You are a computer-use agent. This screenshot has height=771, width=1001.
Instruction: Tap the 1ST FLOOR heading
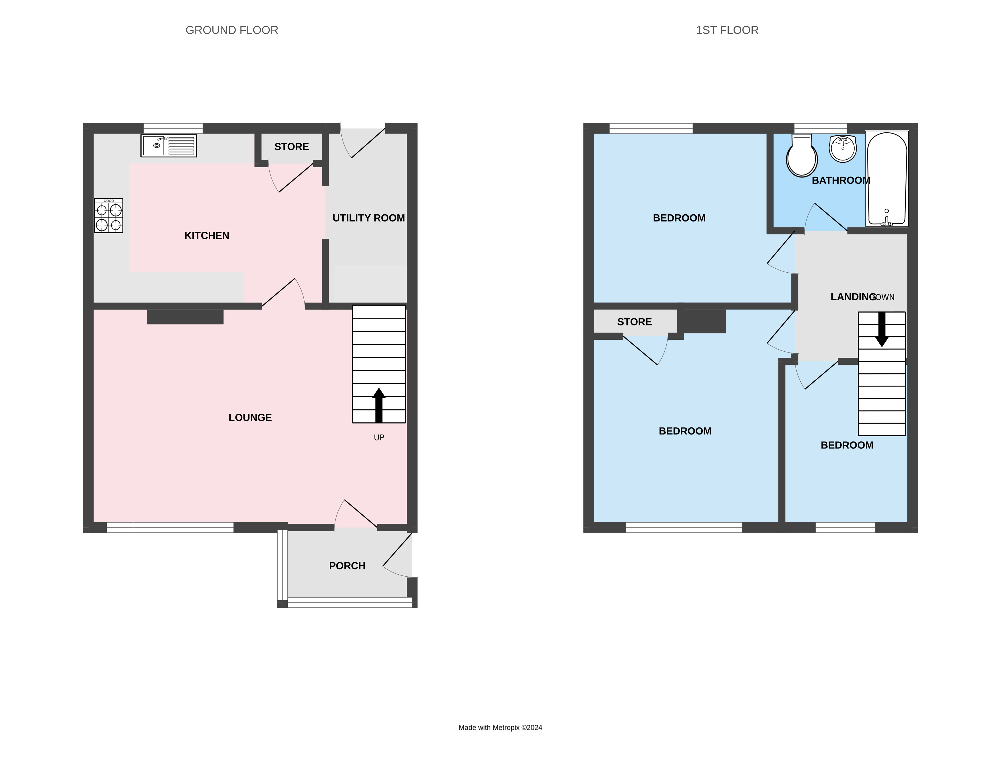coord(727,30)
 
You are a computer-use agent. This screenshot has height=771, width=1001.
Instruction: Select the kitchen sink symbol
coord(169,146)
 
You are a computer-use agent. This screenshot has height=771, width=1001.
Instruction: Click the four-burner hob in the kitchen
coord(109,216)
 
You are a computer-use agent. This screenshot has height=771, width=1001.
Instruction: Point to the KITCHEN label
coord(207,235)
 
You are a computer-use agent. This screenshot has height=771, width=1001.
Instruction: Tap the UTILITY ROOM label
coord(368,218)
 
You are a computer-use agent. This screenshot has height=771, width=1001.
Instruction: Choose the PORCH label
coord(347,566)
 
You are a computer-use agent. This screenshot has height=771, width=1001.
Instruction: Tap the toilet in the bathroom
coord(801,156)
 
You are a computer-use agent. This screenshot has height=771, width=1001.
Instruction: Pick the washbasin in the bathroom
coord(842,148)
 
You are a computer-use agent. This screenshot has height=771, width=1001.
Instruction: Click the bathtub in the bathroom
coord(887,179)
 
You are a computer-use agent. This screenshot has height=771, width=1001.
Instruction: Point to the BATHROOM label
coord(841,181)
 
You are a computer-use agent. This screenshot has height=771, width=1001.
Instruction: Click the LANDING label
coord(853,297)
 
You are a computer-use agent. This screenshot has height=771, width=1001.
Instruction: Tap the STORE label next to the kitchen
coord(291,147)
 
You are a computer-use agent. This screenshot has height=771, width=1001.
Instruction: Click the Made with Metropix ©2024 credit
coord(500,727)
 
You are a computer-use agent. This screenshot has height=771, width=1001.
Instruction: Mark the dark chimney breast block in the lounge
coord(185,317)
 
